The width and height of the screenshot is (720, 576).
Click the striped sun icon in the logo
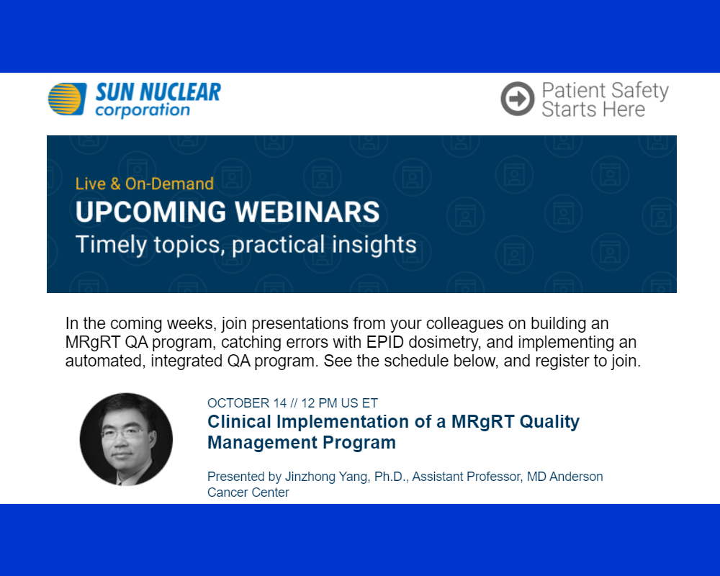[x=68, y=99]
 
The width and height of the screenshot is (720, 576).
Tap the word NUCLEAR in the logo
[x=181, y=92]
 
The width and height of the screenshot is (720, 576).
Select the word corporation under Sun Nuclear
[x=143, y=111]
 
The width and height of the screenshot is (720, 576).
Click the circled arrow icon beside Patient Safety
[x=518, y=99]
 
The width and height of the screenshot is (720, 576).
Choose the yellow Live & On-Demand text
[x=145, y=184]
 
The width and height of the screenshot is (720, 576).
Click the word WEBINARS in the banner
[x=307, y=212]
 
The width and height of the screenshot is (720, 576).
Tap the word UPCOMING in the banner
[x=151, y=212]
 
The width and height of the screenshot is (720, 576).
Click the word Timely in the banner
[x=112, y=245]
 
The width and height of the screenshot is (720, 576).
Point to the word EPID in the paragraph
[x=384, y=342]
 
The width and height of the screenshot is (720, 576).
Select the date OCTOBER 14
[x=247, y=403]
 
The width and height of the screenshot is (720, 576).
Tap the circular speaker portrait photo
[x=126, y=440]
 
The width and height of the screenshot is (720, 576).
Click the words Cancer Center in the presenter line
[x=248, y=492]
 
